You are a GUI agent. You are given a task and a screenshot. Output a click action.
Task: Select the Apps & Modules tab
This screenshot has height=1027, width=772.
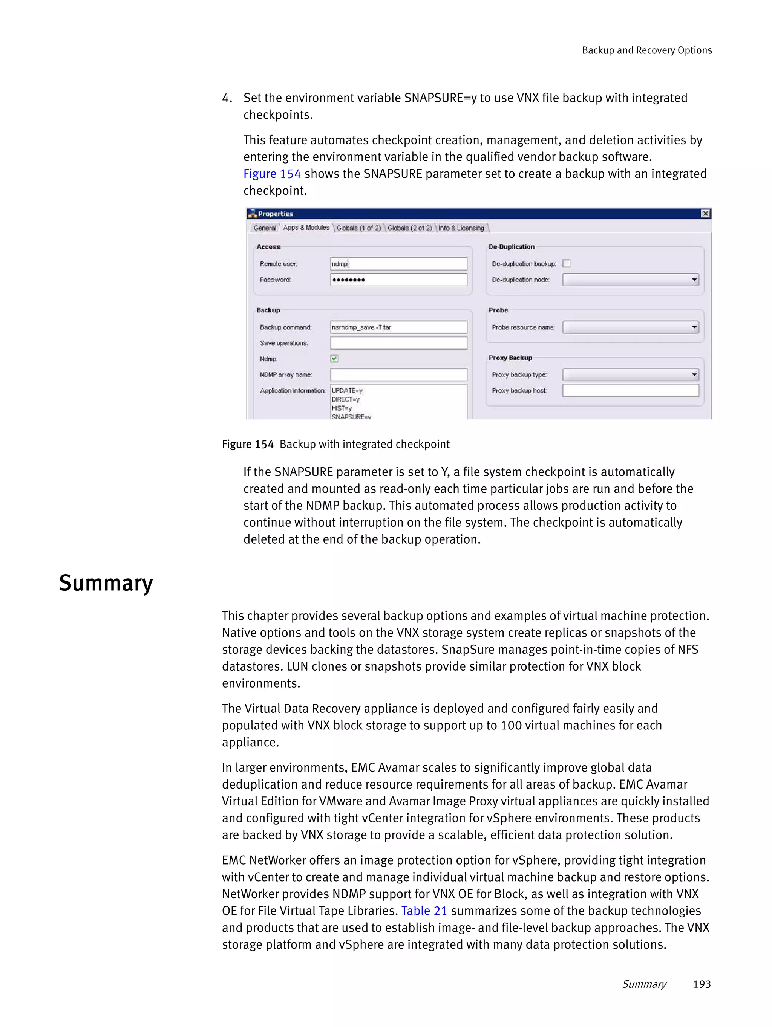coord(306,228)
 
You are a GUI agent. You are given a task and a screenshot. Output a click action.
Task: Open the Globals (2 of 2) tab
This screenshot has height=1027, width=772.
coord(409,228)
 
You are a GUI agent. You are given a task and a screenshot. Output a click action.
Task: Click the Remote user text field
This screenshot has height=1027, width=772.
coord(398,264)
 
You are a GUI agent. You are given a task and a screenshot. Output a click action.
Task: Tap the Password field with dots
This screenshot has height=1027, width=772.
coord(398,280)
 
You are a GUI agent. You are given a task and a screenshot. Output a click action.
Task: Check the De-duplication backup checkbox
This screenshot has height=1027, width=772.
coord(566,264)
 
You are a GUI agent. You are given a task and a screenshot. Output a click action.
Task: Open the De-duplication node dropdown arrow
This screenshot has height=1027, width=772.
coord(694,280)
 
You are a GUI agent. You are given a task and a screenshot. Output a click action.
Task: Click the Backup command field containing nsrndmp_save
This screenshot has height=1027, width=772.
coord(398,327)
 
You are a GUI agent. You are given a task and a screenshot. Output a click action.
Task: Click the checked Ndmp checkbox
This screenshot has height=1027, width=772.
coord(334,358)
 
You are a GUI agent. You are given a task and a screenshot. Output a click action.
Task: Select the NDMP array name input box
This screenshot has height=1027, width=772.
coord(398,375)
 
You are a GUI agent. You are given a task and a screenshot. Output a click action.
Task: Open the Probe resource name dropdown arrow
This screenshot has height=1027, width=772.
coord(694,327)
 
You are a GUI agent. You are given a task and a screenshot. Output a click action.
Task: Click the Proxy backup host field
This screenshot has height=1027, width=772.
coord(630,390)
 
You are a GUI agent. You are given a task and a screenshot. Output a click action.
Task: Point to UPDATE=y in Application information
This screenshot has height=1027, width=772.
coord(347,390)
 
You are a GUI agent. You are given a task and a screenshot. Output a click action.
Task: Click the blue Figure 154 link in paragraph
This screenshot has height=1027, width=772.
coord(272,174)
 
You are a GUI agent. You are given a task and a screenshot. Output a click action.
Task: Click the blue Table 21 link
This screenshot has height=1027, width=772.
coord(424,911)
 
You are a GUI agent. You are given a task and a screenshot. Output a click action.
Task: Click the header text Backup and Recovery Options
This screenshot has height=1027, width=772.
coord(646,50)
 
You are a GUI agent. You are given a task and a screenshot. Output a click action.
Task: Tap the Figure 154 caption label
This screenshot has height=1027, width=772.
coord(248,444)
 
